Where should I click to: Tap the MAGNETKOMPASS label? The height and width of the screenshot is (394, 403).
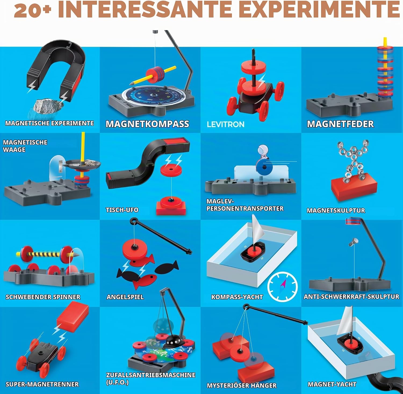point(147,124)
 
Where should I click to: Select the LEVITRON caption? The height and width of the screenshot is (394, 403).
point(226,124)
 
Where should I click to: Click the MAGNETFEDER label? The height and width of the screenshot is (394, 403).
point(340,124)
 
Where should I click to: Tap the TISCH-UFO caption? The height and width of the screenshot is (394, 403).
point(122,210)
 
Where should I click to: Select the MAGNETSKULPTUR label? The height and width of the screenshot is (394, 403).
point(336,210)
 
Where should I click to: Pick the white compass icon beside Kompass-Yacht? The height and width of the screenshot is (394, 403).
point(282,286)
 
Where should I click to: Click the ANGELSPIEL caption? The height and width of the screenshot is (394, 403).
point(125,297)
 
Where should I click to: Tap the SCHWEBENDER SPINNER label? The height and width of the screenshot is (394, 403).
point(43,297)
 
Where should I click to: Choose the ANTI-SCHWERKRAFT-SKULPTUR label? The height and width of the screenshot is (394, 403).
point(351,297)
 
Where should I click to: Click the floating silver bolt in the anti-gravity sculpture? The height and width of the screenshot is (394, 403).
point(353,242)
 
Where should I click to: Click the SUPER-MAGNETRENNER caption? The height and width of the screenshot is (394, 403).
point(42,384)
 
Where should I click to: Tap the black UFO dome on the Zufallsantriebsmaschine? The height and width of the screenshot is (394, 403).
point(173,342)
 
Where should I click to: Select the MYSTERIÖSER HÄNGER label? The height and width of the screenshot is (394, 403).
point(242,385)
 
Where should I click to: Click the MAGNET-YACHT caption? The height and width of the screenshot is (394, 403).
point(332,384)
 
